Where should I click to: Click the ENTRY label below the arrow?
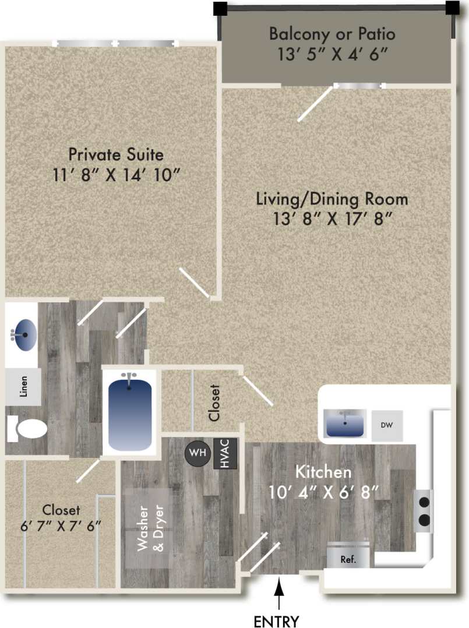click(277, 620)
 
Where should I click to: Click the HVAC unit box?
click(225, 454)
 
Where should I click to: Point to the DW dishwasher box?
click(386, 425)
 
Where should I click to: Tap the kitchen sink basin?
click(345, 423)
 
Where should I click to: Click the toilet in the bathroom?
click(29, 429)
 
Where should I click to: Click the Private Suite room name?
click(116, 154)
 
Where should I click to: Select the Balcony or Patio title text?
click(332, 34)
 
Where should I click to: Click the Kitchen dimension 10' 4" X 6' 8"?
click(323, 491)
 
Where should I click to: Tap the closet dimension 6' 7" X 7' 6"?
click(61, 524)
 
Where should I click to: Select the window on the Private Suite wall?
click(116, 44)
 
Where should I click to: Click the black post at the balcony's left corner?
click(220, 8)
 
